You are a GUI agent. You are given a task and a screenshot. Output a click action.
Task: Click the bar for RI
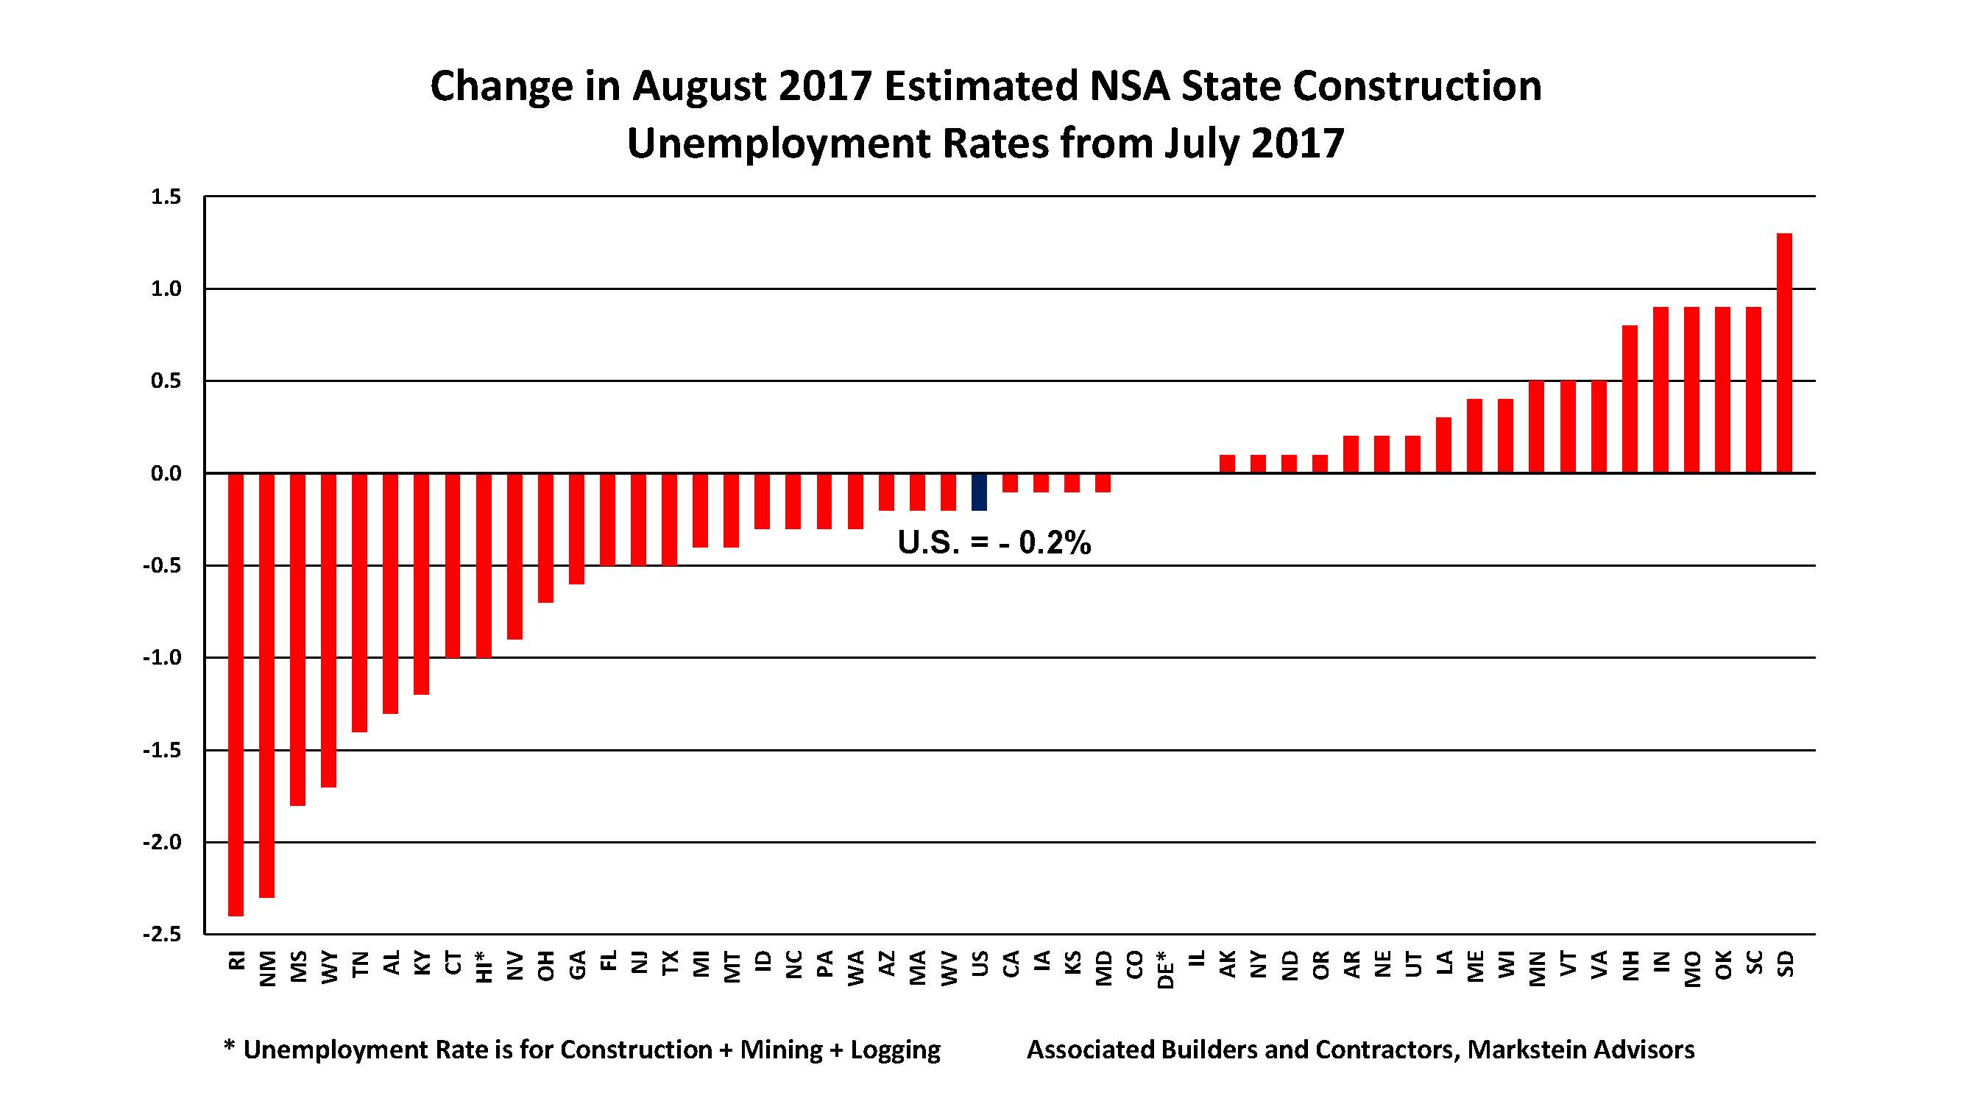[236, 693]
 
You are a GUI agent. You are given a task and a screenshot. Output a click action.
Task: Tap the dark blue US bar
[979, 492]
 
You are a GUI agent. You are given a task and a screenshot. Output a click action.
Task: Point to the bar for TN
[360, 602]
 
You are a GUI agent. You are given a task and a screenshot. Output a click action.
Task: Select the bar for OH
[545, 537]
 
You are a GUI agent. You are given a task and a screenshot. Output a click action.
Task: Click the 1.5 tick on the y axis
[166, 197]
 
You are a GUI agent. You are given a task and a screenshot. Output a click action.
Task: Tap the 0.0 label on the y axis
[166, 473]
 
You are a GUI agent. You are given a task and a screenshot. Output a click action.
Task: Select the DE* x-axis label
[1164, 969]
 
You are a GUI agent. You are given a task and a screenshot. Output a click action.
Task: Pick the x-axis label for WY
[329, 968]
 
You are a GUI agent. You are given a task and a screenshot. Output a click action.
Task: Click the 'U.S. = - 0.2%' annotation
[994, 542]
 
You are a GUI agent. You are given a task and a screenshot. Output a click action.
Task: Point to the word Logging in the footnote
[896, 1050]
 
